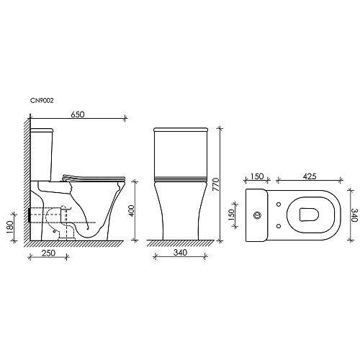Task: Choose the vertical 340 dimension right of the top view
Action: (353, 215)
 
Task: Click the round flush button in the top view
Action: (257, 215)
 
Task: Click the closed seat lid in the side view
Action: (94, 176)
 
